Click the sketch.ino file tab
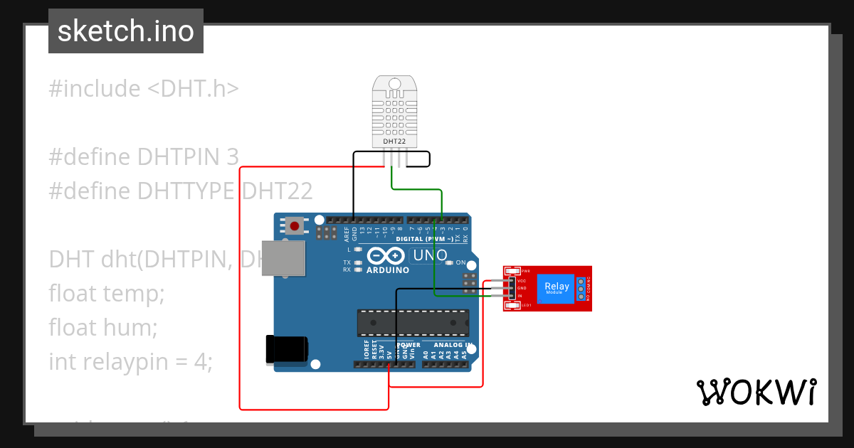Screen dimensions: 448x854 tap(126, 31)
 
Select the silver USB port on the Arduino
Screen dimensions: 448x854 tap(283, 257)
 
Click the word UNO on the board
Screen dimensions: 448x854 tap(431, 255)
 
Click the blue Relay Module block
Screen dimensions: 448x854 tap(555, 288)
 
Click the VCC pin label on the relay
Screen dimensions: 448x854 tap(522, 281)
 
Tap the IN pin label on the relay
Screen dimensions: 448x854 tap(520, 295)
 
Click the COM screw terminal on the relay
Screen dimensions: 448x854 tap(581, 289)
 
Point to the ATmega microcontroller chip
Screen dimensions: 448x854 tap(413, 322)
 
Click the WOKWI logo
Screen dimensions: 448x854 tap(756, 392)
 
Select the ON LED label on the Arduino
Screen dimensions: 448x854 tap(460, 262)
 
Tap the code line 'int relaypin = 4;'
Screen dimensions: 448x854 tap(131, 361)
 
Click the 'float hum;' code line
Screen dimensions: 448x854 tap(103, 327)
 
